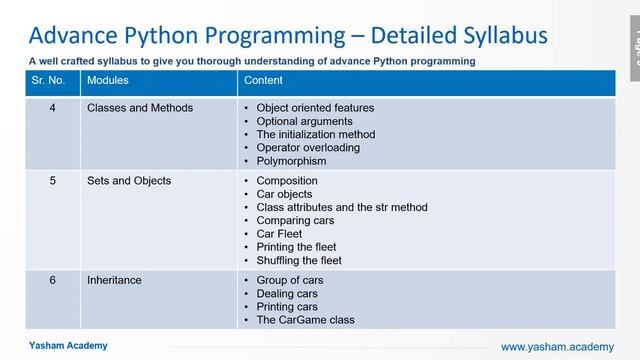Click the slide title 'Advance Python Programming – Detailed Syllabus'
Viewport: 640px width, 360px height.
click(x=288, y=35)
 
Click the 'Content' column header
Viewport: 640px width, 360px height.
click(x=264, y=80)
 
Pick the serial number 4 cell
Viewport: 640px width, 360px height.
click(x=52, y=107)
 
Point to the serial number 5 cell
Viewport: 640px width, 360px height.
click(x=52, y=181)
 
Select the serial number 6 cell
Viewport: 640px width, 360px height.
click(x=52, y=281)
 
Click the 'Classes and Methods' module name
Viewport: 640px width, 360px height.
click(x=140, y=107)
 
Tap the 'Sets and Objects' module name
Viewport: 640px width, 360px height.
click(x=129, y=181)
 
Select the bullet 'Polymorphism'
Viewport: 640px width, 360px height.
click(x=291, y=160)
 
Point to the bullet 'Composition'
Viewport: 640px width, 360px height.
click(x=287, y=181)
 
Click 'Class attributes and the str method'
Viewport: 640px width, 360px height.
click(x=342, y=207)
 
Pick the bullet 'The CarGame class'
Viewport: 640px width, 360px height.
click(x=305, y=320)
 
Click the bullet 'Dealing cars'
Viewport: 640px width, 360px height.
click(x=287, y=294)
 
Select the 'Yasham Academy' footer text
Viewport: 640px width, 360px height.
click(x=67, y=345)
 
